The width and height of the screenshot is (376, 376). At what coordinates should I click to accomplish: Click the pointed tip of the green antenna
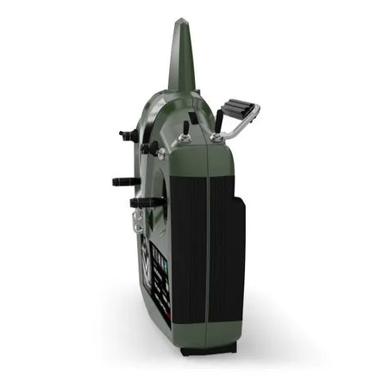[x=184, y=22]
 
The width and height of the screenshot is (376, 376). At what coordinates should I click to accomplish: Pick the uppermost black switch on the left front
[x=128, y=135]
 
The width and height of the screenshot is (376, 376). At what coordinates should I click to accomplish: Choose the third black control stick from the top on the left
[x=125, y=181]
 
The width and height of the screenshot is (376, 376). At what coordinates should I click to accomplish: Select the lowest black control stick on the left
[x=147, y=203]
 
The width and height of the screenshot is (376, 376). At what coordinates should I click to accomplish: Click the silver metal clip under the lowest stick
[x=138, y=223]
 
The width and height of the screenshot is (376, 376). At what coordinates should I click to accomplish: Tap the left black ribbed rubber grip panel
[x=187, y=259]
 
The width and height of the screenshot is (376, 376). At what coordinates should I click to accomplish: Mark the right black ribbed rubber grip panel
[x=222, y=259]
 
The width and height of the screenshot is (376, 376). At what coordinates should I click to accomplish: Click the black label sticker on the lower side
[x=159, y=276]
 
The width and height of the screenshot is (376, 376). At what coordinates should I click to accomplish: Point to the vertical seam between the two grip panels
[x=207, y=259]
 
